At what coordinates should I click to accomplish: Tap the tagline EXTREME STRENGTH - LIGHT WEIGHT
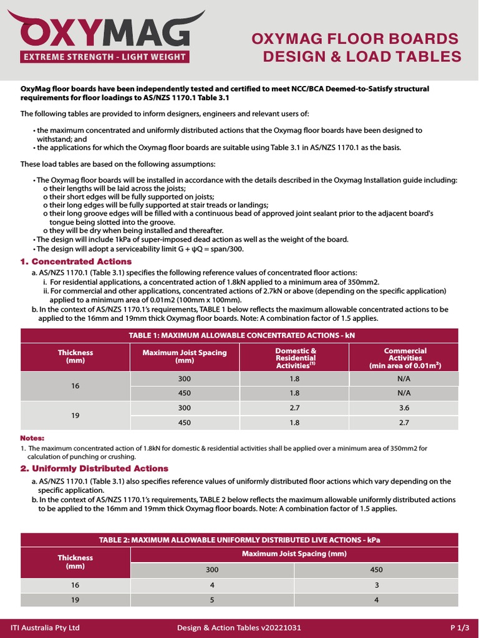click(x=104, y=58)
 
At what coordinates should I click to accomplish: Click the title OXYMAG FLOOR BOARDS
click(x=355, y=39)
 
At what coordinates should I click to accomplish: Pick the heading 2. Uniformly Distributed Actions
click(x=94, y=469)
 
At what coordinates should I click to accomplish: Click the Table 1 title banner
click(x=239, y=335)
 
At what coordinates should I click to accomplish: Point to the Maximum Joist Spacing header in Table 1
click(x=185, y=356)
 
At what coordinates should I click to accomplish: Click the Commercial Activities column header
click(x=405, y=358)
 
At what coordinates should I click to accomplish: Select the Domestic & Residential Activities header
click(x=296, y=358)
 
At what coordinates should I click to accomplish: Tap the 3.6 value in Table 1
click(x=404, y=407)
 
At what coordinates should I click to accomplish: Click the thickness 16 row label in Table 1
click(x=75, y=386)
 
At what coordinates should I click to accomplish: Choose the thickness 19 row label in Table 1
click(x=75, y=415)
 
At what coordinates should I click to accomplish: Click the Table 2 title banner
click(x=239, y=540)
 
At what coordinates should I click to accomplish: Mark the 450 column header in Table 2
click(x=376, y=569)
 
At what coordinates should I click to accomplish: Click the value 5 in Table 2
click(x=212, y=600)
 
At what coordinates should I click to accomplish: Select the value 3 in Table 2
click(x=376, y=586)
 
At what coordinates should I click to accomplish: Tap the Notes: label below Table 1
click(x=32, y=438)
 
